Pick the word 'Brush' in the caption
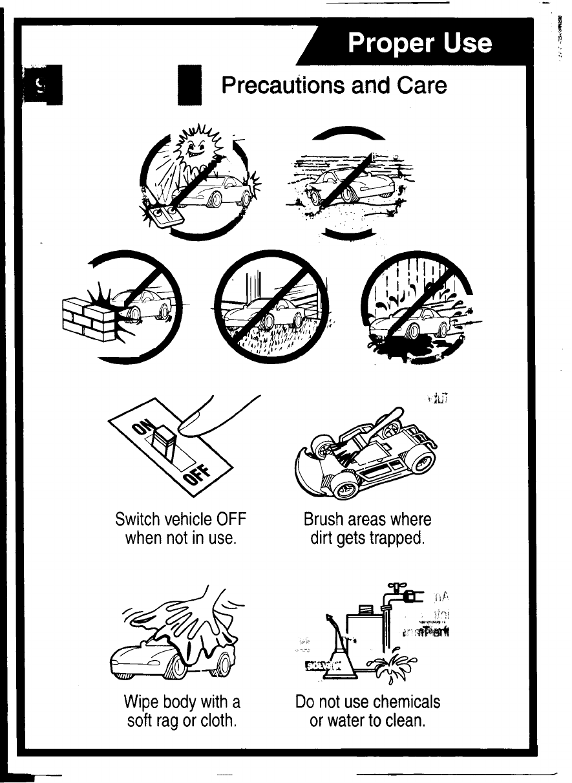(324, 520)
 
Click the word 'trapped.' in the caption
(398, 538)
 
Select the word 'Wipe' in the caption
(142, 702)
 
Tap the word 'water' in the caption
(348, 719)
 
